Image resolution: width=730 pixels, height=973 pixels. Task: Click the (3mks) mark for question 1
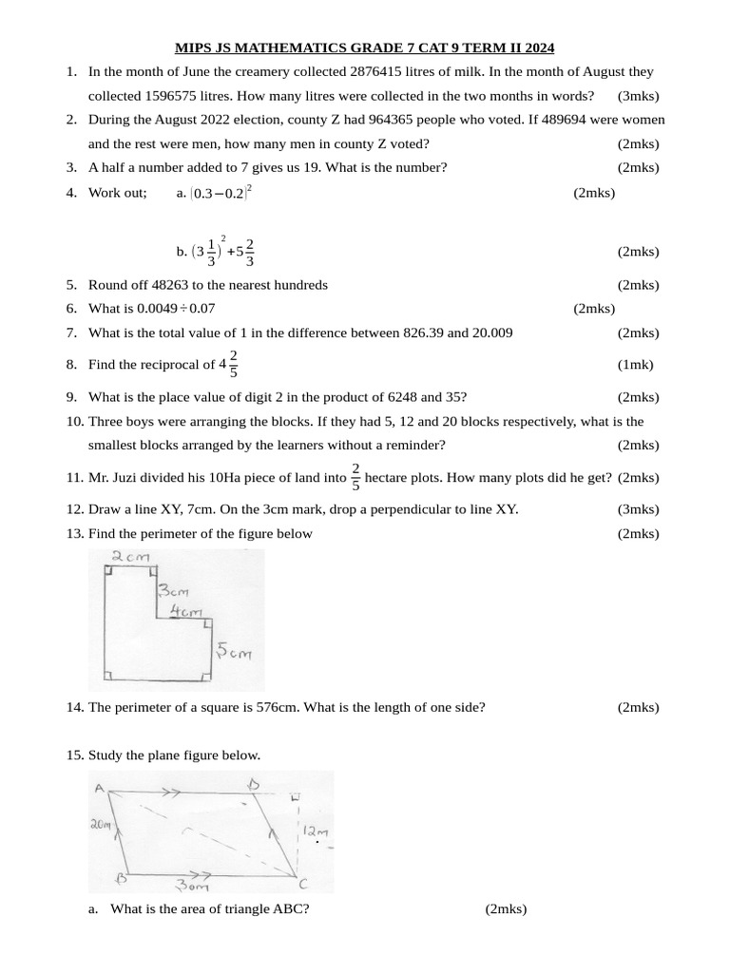coord(638,96)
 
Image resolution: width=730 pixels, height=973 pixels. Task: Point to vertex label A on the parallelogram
coord(100,788)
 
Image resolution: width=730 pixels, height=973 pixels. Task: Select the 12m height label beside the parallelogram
coord(315,831)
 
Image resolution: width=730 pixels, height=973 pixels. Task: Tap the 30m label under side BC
coord(194,886)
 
